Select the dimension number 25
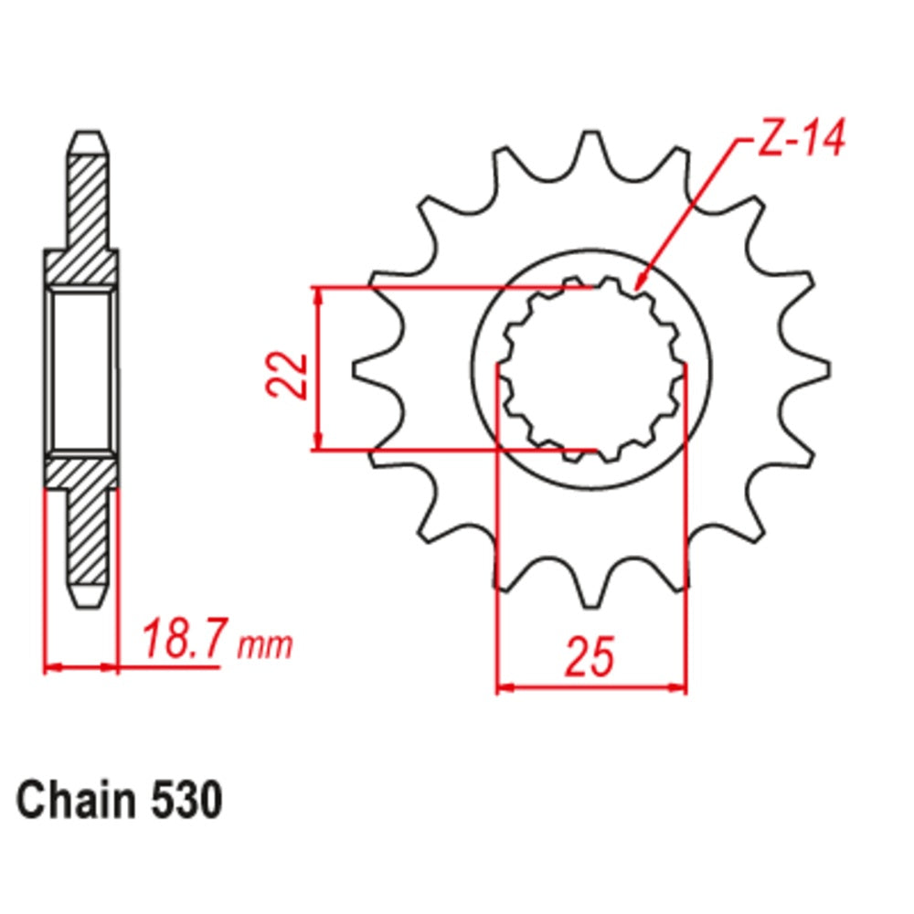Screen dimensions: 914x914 coord(590,655)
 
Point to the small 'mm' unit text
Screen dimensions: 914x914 coord(265,646)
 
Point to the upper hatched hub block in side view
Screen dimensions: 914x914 coord(82,266)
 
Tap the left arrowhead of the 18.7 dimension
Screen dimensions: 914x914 coord(51,667)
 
